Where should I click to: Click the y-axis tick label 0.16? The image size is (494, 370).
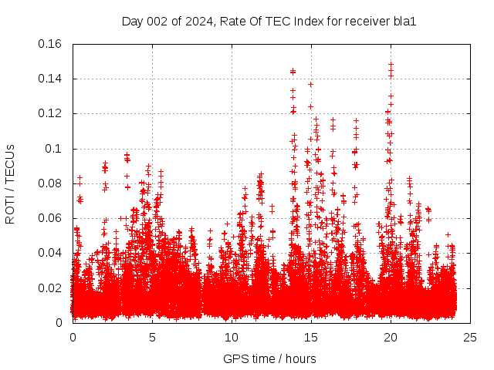point(52,44)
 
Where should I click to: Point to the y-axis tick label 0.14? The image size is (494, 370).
point(52,79)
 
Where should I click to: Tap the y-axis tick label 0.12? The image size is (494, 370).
point(52,113)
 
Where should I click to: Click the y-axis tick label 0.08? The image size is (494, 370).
point(52,183)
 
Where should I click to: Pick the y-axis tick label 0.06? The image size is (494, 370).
point(52,218)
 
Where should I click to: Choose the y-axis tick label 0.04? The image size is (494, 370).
point(52,253)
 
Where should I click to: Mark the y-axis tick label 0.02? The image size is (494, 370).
point(52,288)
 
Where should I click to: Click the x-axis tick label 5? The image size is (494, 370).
point(152,338)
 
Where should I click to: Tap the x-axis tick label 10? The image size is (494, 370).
point(232,338)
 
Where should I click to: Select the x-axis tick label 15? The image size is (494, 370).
point(311,338)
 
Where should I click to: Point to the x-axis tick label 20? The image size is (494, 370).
point(391,338)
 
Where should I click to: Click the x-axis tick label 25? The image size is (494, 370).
point(470,338)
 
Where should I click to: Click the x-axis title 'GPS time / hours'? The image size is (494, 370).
point(271,358)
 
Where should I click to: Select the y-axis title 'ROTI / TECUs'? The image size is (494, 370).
point(11,183)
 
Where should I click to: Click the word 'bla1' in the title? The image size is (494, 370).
point(406,21)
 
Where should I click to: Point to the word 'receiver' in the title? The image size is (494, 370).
point(369,21)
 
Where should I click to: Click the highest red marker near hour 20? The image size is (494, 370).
point(391,64)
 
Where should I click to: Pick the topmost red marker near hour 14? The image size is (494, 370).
point(293,72)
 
